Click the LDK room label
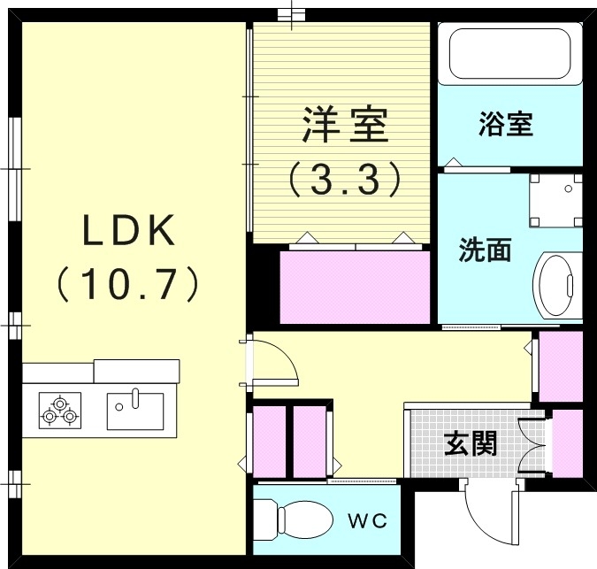[131, 233]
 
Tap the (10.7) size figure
[131, 284]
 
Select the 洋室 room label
[345, 126]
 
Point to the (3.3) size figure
[345, 180]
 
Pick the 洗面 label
[485, 250]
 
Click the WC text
[367, 520]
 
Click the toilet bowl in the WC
[295, 517]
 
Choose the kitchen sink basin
[134, 410]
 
